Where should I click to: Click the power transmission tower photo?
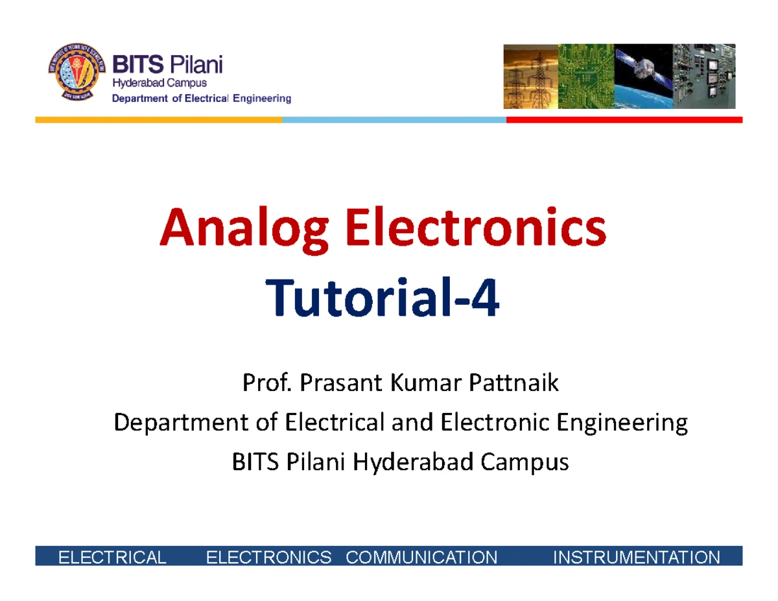530,76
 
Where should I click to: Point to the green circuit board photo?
586,76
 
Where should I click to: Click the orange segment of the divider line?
158,120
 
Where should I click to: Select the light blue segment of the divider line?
394,120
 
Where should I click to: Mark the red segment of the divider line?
624,120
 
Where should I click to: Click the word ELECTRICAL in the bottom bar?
112,557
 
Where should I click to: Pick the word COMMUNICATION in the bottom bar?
422,557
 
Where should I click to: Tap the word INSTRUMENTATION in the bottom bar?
636,557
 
